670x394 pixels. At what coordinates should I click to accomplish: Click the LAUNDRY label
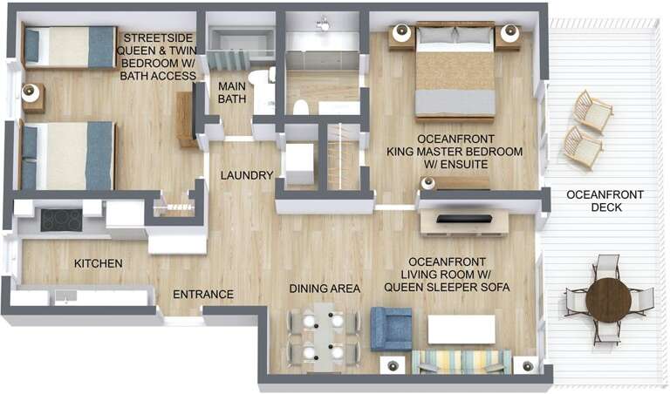247,175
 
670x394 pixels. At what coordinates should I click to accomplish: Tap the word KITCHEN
98,263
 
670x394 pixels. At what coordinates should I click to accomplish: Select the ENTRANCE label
202,295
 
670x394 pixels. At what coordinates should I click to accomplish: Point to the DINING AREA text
325,289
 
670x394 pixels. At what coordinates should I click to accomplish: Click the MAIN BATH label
231,92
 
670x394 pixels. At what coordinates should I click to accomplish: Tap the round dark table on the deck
608,299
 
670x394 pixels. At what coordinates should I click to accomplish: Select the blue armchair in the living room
391,329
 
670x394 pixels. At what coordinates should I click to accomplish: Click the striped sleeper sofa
461,362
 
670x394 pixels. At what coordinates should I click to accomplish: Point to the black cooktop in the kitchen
61,220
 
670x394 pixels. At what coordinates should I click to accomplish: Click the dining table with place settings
323,336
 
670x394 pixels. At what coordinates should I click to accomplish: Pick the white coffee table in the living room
461,329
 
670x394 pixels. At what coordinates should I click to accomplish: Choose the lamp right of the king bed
509,33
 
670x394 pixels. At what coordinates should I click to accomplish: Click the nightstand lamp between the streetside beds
31,92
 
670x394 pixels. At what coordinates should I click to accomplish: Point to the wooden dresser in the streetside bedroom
186,119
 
